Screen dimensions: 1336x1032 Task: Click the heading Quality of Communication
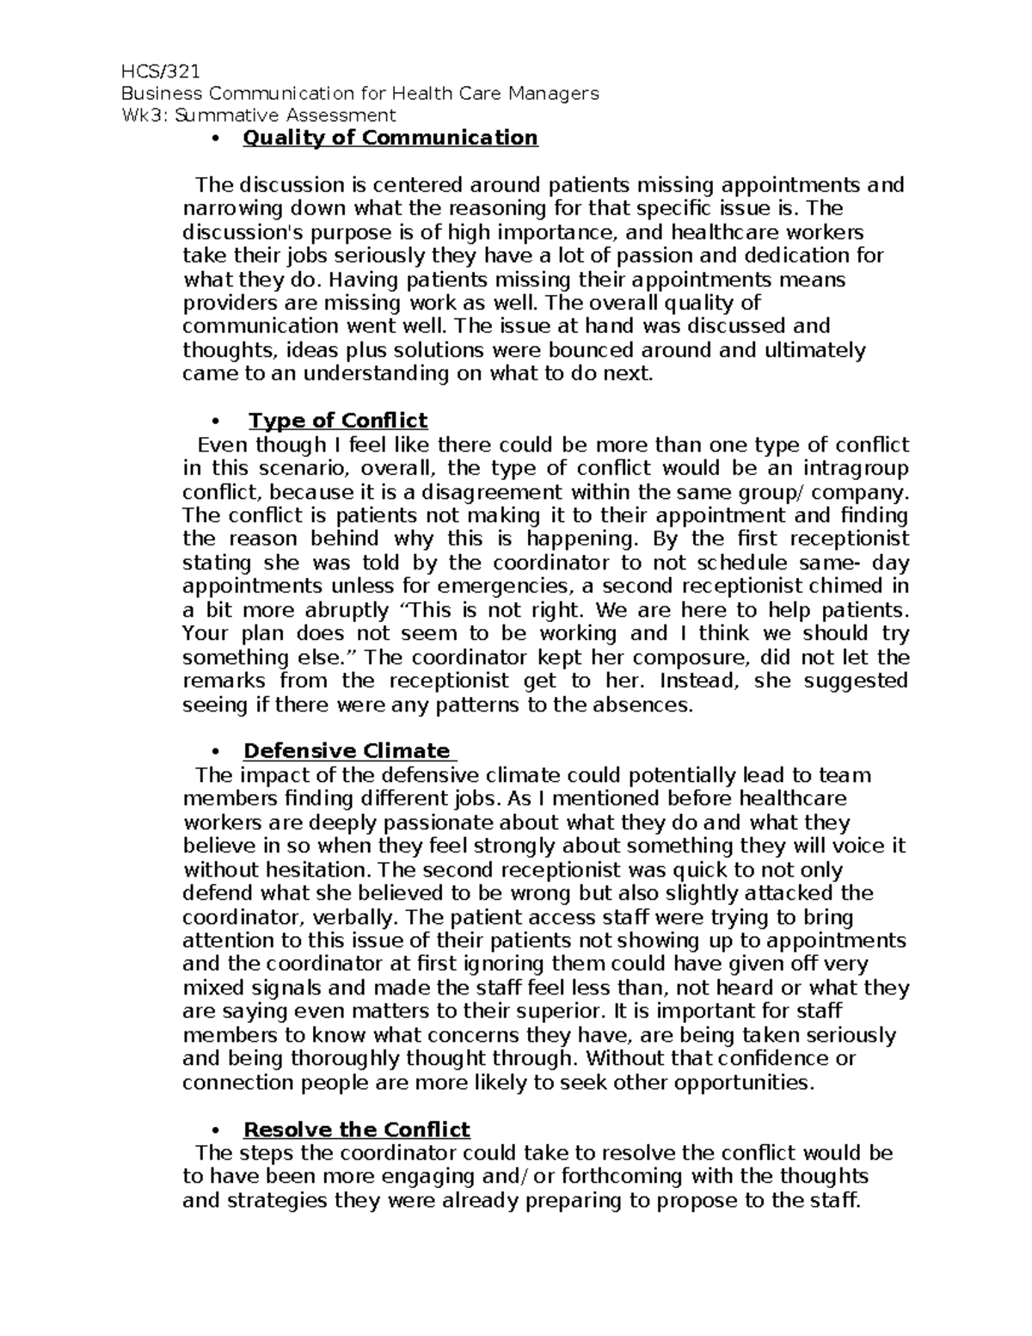point(390,139)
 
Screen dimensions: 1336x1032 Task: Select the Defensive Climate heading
point(347,751)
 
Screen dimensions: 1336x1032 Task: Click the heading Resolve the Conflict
point(357,1130)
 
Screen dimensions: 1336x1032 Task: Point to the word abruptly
point(349,610)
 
